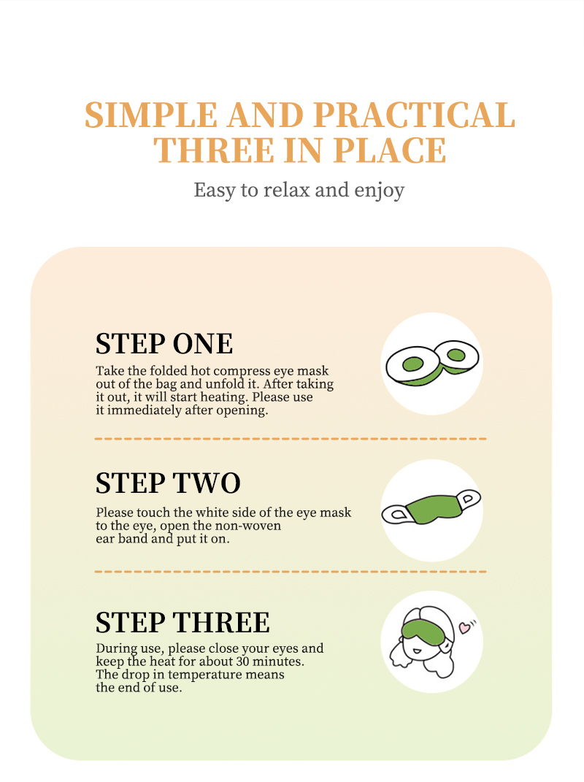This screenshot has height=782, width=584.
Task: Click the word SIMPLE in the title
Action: point(151,115)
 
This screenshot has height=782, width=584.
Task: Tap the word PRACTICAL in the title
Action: point(415,115)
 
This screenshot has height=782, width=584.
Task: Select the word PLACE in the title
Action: point(390,150)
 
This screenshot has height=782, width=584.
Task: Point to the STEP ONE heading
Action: point(164,344)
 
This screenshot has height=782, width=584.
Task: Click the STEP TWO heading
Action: point(168,483)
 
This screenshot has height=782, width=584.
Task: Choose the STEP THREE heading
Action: point(182,622)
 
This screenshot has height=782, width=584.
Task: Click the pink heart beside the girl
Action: point(464,627)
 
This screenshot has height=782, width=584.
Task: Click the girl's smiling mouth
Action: point(417,651)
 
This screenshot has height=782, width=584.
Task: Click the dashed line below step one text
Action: point(291,439)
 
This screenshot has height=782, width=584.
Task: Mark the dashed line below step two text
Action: point(291,572)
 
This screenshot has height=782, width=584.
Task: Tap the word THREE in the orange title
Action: point(213,150)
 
